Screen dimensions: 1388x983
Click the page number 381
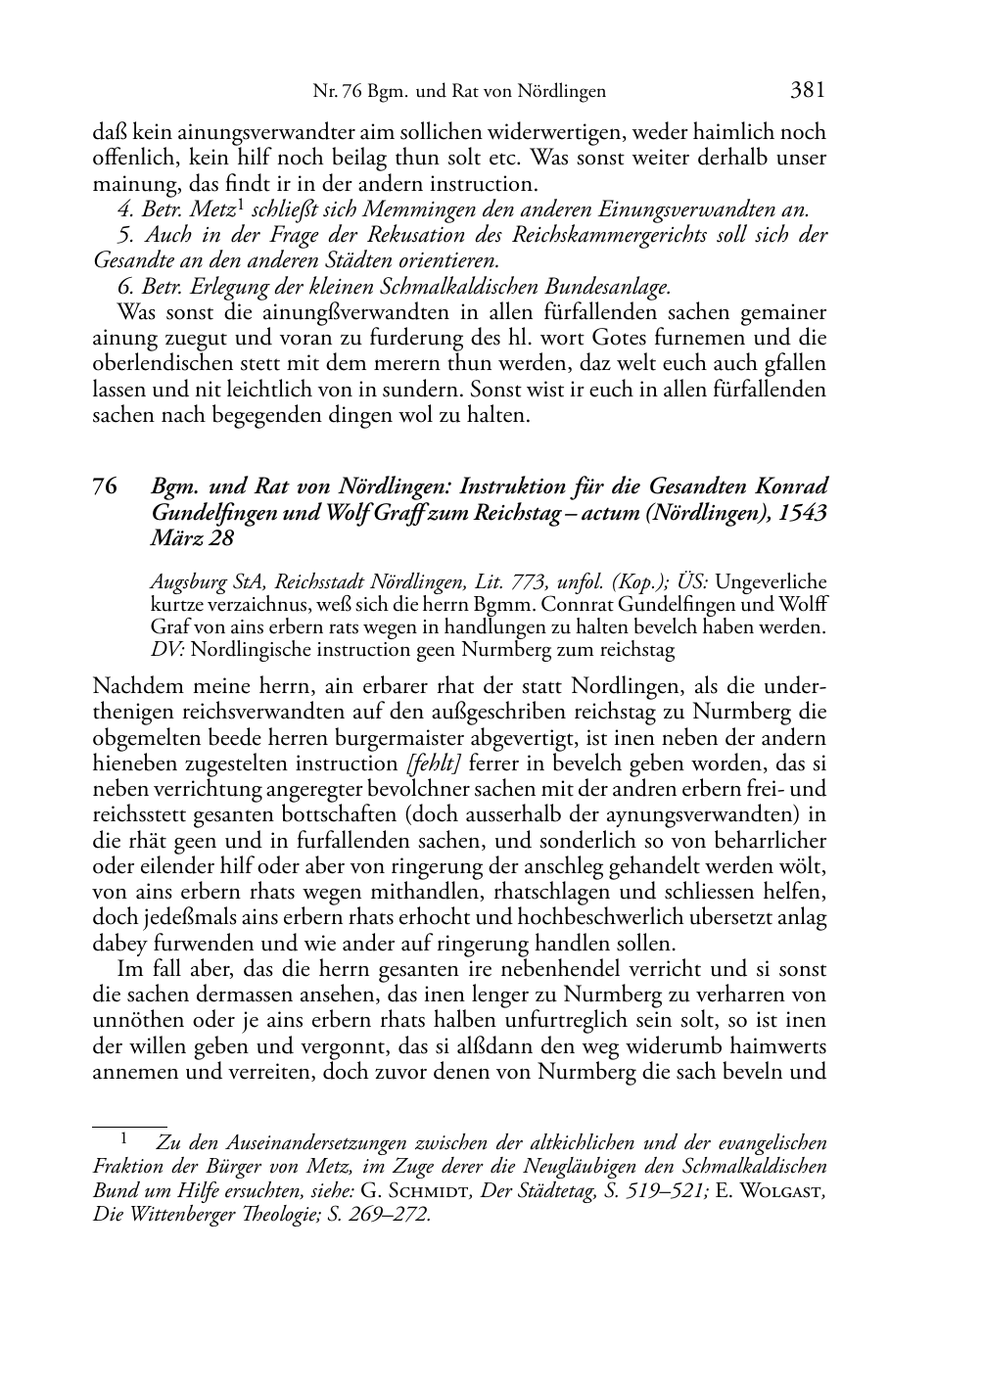(x=808, y=91)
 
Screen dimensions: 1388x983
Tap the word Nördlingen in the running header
(x=562, y=92)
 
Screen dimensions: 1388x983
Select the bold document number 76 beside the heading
(x=106, y=487)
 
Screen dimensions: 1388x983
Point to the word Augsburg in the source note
(x=186, y=583)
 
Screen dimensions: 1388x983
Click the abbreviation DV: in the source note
(x=168, y=649)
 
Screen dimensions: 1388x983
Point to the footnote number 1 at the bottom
(x=123, y=1139)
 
